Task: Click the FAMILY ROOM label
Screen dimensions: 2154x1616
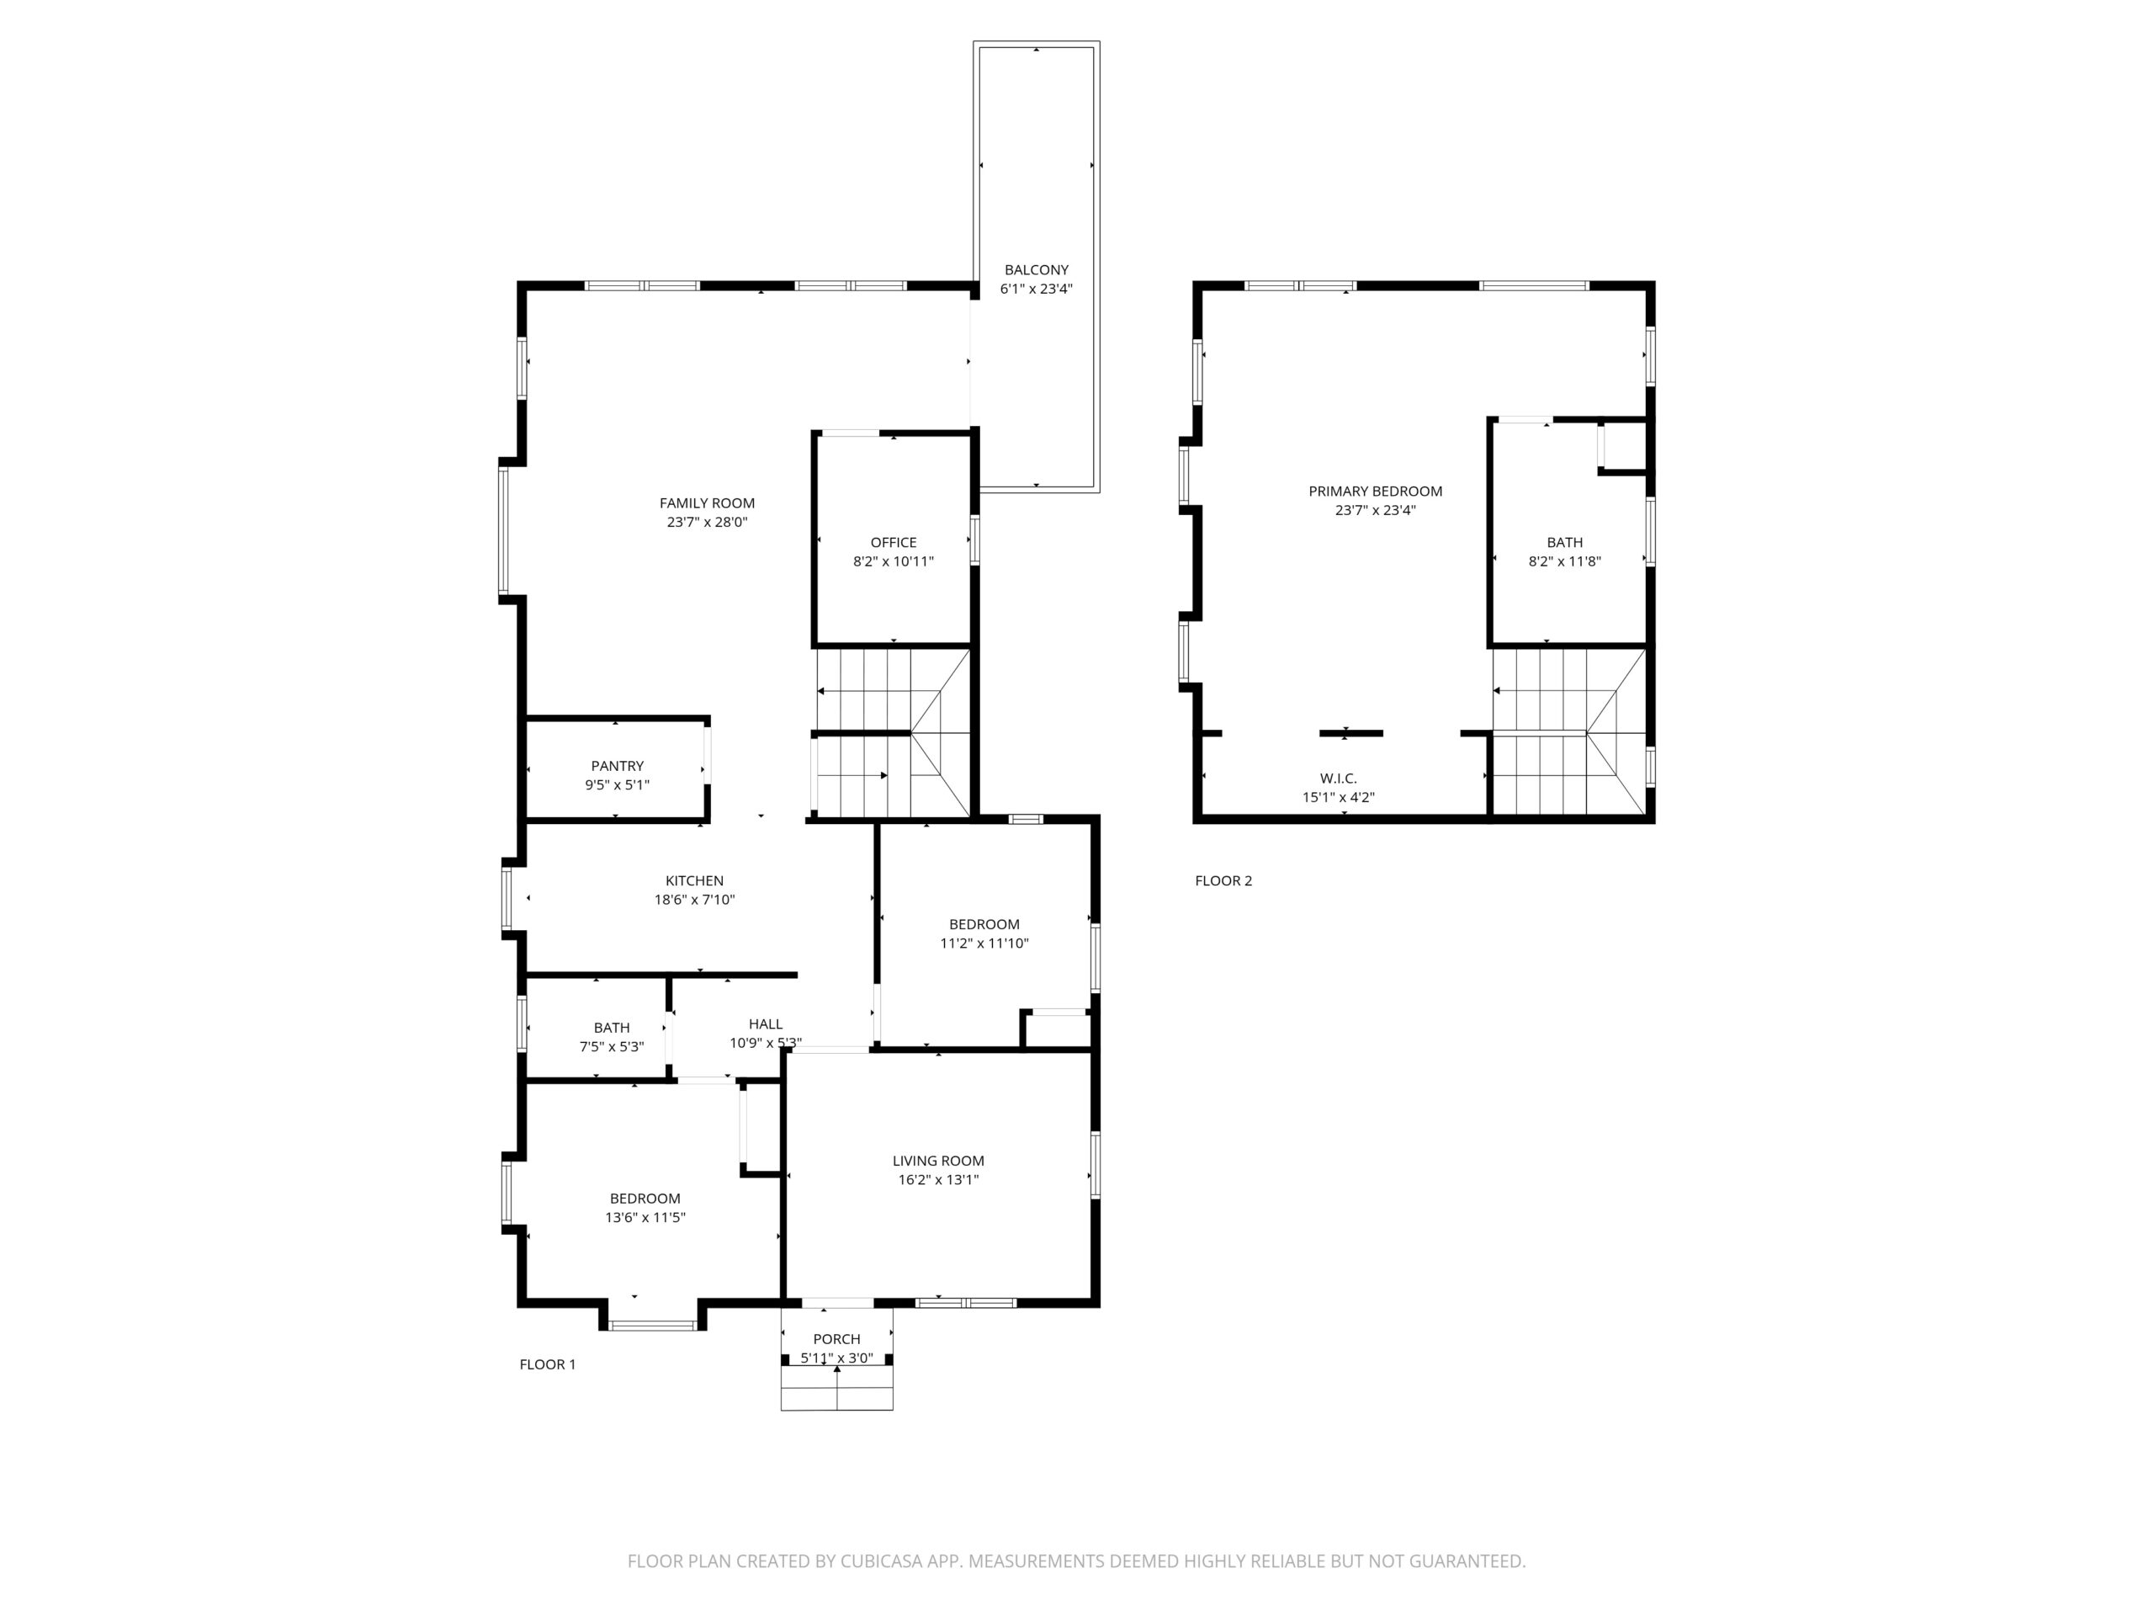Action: pyautogui.click(x=707, y=502)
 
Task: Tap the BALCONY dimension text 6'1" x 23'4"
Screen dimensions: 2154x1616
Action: pyautogui.click(x=1036, y=289)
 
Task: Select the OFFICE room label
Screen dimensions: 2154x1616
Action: pyautogui.click(x=893, y=543)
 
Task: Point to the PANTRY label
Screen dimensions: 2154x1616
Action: pyautogui.click(x=618, y=766)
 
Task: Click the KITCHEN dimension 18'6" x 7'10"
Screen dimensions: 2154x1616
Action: pyautogui.click(x=694, y=899)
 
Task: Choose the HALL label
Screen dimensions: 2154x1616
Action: pyautogui.click(x=766, y=1023)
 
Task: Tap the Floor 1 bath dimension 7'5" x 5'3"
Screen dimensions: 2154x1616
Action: pyautogui.click(x=612, y=1046)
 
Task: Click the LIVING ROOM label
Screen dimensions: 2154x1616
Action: pyautogui.click(x=938, y=1160)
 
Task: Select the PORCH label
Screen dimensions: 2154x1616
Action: pyautogui.click(x=836, y=1338)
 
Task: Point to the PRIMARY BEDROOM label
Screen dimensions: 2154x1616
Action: pyautogui.click(x=1375, y=491)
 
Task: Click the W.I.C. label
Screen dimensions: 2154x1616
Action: pyautogui.click(x=1338, y=779)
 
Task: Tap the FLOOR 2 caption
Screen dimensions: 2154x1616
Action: pyautogui.click(x=1223, y=880)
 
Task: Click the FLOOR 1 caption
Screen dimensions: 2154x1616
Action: pyautogui.click(x=547, y=1363)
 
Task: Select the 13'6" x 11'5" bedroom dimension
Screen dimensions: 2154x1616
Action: pyautogui.click(x=645, y=1216)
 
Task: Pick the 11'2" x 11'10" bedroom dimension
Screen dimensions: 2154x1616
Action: pyautogui.click(x=984, y=943)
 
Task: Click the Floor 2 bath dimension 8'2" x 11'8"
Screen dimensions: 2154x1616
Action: pyautogui.click(x=1564, y=561)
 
